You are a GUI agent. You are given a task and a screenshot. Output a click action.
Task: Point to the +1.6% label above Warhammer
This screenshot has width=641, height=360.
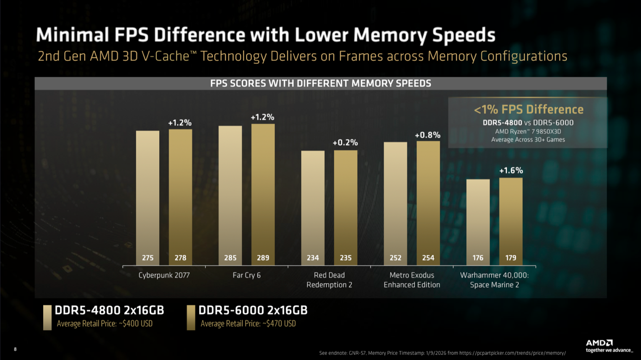point(511,170)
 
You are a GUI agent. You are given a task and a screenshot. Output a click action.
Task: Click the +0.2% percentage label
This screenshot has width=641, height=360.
point(345,143)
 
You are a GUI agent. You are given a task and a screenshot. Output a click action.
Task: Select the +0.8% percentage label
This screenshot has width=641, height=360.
point(427,135)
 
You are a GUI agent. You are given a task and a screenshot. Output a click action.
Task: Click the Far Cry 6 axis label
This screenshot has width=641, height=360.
point(246,275)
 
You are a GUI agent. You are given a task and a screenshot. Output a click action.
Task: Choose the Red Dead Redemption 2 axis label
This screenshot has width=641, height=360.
point(329,280)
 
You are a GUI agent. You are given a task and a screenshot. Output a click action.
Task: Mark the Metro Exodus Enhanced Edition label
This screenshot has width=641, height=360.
point(412,280)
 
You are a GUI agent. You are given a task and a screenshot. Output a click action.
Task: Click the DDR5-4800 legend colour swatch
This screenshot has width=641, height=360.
point(47,317)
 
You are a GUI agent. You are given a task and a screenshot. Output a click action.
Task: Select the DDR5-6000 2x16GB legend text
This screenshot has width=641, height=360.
point(253,310)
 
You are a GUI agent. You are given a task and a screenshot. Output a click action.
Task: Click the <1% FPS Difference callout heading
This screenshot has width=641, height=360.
point(528,110)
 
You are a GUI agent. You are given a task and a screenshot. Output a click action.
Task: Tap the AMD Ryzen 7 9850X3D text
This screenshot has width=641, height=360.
point(528,131)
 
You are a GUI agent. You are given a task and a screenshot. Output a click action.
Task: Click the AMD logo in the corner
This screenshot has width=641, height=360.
point(599,343)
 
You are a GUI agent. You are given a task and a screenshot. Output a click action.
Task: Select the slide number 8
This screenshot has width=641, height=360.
point(15,349)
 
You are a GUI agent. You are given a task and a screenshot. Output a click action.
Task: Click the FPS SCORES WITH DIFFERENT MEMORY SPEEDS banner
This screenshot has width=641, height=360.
point(321,84)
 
